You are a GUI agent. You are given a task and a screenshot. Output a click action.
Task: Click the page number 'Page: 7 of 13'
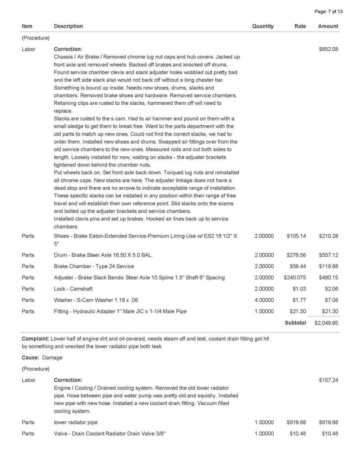point(329,12)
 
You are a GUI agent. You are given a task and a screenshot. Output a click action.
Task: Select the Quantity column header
point(263,26)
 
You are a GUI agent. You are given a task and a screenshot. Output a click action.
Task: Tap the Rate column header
point(300,26)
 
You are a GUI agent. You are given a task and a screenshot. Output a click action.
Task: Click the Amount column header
point(328,26)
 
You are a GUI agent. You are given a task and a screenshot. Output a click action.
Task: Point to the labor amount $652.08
point(328,49)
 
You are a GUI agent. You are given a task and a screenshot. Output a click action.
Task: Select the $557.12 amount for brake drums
point(328,255)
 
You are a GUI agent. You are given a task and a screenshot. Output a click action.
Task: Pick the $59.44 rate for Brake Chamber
point(297,267)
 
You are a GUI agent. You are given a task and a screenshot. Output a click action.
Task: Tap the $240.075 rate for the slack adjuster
point(295,278)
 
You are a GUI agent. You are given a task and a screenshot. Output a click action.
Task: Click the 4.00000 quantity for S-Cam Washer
point(264,300)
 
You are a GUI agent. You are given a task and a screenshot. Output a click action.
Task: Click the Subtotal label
point(295,323)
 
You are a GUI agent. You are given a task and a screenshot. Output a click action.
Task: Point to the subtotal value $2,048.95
point(326,323)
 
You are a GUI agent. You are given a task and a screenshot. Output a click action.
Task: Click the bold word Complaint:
point(35,339)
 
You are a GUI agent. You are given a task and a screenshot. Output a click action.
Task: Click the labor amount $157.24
point(328,380)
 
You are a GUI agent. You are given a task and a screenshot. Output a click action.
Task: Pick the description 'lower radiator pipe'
point(75,423)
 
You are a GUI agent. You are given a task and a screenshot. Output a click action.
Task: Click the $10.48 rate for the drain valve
point(297,434)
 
